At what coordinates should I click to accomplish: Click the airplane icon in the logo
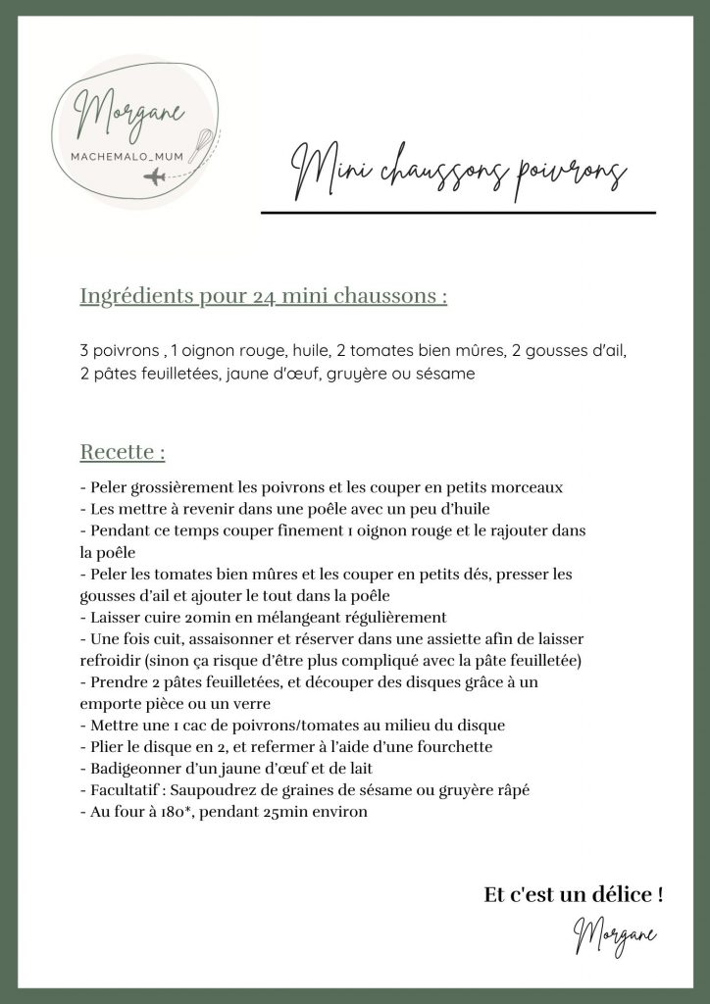pos(155,176)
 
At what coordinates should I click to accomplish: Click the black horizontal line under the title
pos(458,212)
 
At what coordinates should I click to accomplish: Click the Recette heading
pos(122,453)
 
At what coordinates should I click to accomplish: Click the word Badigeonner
pos(135,769)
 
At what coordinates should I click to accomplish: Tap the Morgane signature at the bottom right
pos(615,935)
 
